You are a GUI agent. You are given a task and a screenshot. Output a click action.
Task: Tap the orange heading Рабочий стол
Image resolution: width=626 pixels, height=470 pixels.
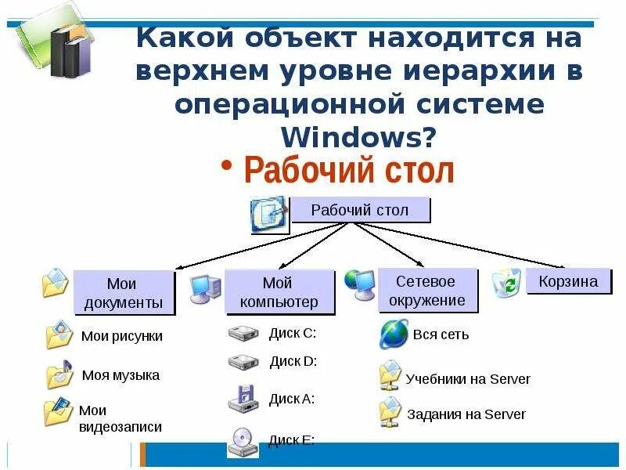pos(349,170)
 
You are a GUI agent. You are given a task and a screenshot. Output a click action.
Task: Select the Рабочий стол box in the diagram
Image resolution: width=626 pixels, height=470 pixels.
pos(360,210)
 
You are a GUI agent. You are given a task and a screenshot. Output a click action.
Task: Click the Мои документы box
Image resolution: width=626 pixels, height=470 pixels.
pos(124,293)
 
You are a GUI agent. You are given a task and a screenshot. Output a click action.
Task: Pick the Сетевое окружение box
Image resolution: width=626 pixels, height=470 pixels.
pos(426,290)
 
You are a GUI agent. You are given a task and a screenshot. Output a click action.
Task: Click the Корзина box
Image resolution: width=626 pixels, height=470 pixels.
pos(568,281)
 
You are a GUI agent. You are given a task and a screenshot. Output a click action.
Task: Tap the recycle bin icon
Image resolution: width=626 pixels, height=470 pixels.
pos(507,283)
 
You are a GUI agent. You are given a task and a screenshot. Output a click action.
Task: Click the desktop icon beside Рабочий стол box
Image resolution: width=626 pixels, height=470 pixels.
pos(268,214)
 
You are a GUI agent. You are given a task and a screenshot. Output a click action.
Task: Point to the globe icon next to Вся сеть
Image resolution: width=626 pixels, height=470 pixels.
pos(394,334)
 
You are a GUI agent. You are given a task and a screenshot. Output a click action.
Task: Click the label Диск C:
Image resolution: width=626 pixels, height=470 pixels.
pos(293,333)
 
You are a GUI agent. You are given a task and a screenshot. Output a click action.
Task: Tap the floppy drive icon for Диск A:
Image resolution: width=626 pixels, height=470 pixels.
pos(243,399)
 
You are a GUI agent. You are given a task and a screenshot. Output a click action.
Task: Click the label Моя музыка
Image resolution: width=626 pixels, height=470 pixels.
pos(121,375)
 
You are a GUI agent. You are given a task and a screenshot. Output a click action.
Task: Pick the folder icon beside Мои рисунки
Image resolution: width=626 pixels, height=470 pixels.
pos(59,334)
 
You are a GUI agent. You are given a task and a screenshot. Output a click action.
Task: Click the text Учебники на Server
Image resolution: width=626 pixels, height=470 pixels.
pos(468,379)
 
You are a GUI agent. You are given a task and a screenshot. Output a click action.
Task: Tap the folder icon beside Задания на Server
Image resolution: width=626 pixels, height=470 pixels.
pos(390,412)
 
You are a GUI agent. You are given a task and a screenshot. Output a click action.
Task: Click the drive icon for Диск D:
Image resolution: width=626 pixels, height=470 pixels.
pos(243,362)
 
